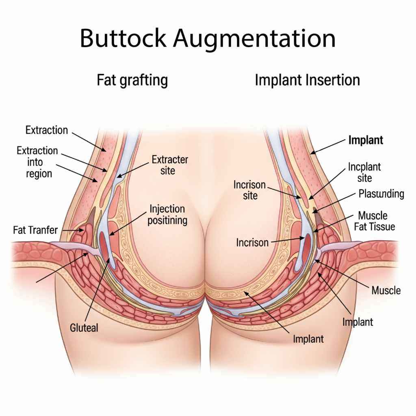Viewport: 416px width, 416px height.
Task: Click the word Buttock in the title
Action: pyautogui.click(x=123, y=39)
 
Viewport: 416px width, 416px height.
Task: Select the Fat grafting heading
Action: pyautogui.click(x=132, y=80)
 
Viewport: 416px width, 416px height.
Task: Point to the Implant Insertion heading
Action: pyautogui.click(x=307, y=80)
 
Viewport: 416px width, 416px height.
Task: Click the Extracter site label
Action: pyautogui.click(x=170, y=165)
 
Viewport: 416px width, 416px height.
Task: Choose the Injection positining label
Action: pyautogui.click(x=167, y=215)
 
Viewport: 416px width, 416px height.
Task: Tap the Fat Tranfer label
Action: pyautogui.click(x=36, y=230)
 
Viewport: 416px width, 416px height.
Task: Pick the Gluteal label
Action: pyautogui.click(x=84, y=327)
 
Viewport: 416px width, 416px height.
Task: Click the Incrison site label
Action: pyautogui.click(x=249, y=190)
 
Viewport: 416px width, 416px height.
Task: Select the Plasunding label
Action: pyautogui.click(x=381, y=194)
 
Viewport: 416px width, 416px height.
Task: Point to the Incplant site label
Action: pyautogui.click(x=364, y=172)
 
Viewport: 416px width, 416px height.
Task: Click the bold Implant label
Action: pyautogui.click(x=366, y=141)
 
